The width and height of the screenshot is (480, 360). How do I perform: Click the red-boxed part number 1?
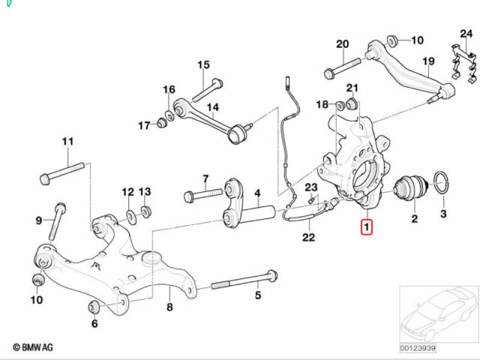(x=366, y=226)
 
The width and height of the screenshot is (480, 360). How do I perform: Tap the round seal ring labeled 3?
(x=442, y=181)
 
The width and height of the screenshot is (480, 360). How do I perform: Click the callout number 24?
(x=466, y=34)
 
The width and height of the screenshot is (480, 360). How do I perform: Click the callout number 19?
(x=428, y=61)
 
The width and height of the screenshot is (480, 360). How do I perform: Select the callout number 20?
(x=343, y=44)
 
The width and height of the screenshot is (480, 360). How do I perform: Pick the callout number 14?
(x=212, y=107)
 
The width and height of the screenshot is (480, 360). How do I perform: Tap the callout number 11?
(x=68, y=142)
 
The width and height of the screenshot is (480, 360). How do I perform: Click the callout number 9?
(x=39, y=220)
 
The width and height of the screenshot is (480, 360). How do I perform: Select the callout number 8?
(x=169, y=307)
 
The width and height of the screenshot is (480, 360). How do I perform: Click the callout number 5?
(x=257, y=295)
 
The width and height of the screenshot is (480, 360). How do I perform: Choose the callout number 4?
(x=256, y=193)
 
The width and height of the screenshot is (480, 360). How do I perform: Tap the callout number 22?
(x=308, y=238)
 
